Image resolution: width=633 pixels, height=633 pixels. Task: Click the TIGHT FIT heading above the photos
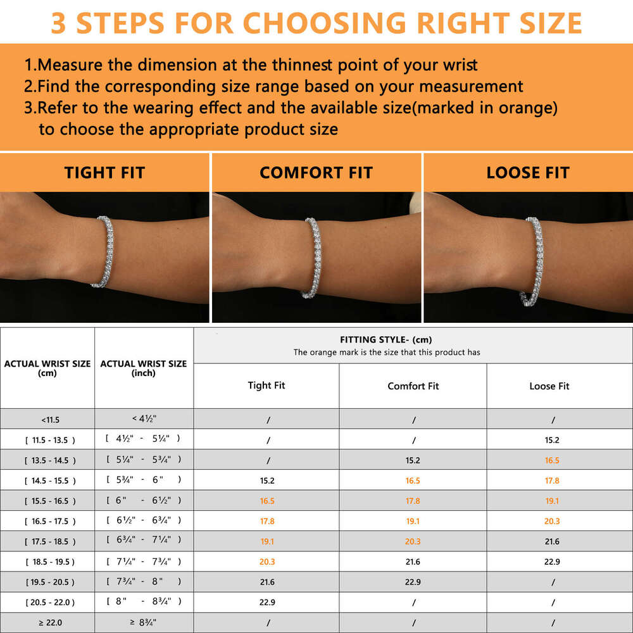point(104,173)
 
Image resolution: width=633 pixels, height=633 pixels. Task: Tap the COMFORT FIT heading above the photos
point(316,173)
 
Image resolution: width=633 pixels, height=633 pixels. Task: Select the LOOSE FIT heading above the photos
point(528,173)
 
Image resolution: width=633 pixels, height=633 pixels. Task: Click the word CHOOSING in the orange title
point(324,23)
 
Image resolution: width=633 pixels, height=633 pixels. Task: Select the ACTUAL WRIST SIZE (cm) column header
point(47,368)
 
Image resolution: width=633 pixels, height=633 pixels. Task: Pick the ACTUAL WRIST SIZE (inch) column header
point(144,368)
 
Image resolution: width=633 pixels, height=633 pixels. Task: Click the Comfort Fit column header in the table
point(413,386)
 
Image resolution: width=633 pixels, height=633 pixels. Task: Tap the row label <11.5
point(50,420)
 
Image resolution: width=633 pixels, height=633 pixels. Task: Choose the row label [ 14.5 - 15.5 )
point(50,481)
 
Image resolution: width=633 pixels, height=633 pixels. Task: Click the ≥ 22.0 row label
point(50,622)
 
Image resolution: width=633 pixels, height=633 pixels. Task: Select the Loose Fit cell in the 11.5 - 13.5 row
point(552,440)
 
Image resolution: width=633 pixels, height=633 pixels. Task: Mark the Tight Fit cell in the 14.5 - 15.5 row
point(267,480)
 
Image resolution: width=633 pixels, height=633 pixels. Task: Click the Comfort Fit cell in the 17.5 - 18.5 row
point(413,541)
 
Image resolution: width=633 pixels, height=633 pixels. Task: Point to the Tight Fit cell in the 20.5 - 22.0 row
point(267,603)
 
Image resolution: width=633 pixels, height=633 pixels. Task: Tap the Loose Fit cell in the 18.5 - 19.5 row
point(552,561)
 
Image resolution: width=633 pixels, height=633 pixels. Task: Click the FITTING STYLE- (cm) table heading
point(386,339)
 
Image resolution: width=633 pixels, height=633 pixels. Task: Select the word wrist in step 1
point(460,65)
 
